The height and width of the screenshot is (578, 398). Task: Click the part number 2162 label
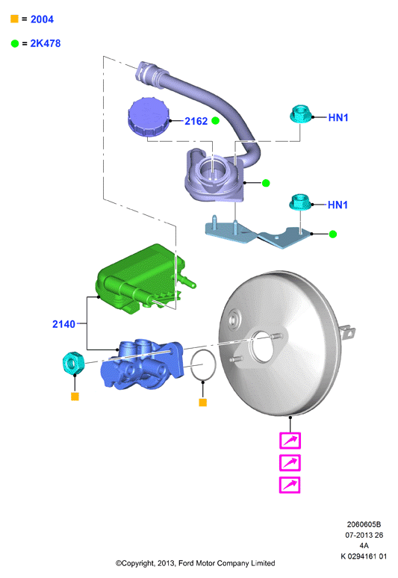196,121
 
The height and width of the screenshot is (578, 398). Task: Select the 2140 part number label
63,324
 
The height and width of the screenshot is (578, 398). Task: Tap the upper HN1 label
338,117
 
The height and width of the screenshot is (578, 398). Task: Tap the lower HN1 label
338,205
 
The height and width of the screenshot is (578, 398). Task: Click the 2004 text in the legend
42,19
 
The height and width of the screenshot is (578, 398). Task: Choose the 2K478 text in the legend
46,43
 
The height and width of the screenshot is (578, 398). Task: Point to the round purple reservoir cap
149,116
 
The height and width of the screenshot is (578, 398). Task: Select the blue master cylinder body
143,364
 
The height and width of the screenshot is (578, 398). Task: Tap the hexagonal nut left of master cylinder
72,363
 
